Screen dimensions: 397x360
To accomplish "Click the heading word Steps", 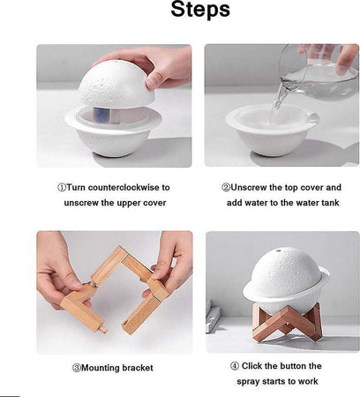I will pyautogui.click(x=187, y=11).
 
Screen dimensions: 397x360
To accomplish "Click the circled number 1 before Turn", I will pyautogui.click(x=62, y=187).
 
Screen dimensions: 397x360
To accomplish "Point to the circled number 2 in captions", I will pyautogui.click(x=226, y=187).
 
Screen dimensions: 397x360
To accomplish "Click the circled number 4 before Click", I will pyautogui.click(x=234, y=366).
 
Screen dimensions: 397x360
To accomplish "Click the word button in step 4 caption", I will pyautogui.click(x=303, y=366).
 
